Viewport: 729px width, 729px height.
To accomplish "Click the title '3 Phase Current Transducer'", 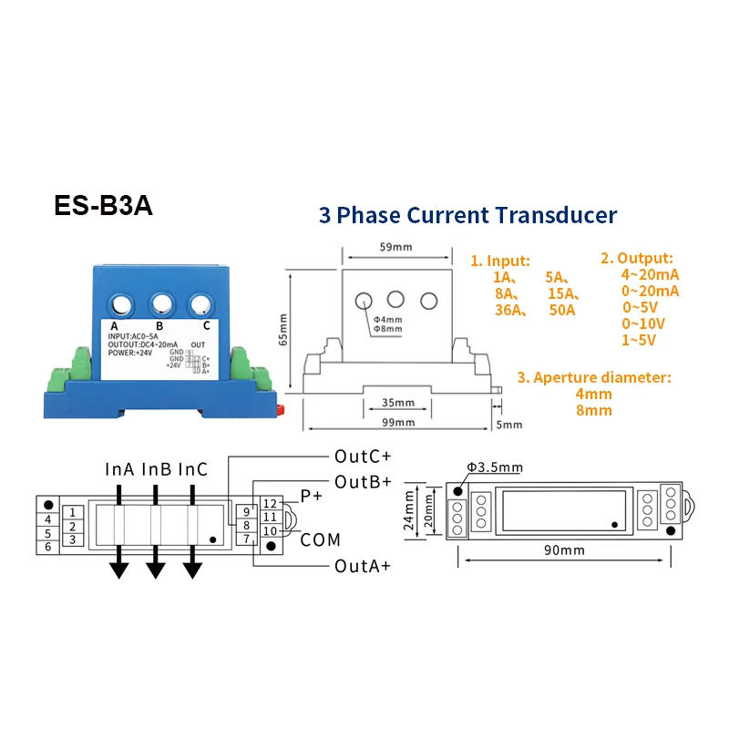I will click(467, 216).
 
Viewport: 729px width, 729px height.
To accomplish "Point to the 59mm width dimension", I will click(395, 246).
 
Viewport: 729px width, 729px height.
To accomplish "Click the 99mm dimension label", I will click(398, 423).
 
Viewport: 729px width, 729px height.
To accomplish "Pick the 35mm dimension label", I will click(398, 402).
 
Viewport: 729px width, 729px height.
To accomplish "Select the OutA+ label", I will click(363, 566).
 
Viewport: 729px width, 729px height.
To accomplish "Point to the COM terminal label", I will click(320, 540).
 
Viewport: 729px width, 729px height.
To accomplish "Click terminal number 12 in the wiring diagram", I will click(270, 503).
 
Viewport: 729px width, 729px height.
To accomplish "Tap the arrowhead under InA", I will click(118, 569).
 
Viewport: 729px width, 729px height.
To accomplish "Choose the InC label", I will click(192, 469).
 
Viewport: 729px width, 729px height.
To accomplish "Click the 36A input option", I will click(506, 310).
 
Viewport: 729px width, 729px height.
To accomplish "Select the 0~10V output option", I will click(643, 323).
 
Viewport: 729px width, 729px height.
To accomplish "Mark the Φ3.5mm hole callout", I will click(495, 467).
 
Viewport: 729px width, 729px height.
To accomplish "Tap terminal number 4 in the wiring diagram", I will click(48, 519).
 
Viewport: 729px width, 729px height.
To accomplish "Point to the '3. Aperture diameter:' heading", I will click(594, 377).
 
